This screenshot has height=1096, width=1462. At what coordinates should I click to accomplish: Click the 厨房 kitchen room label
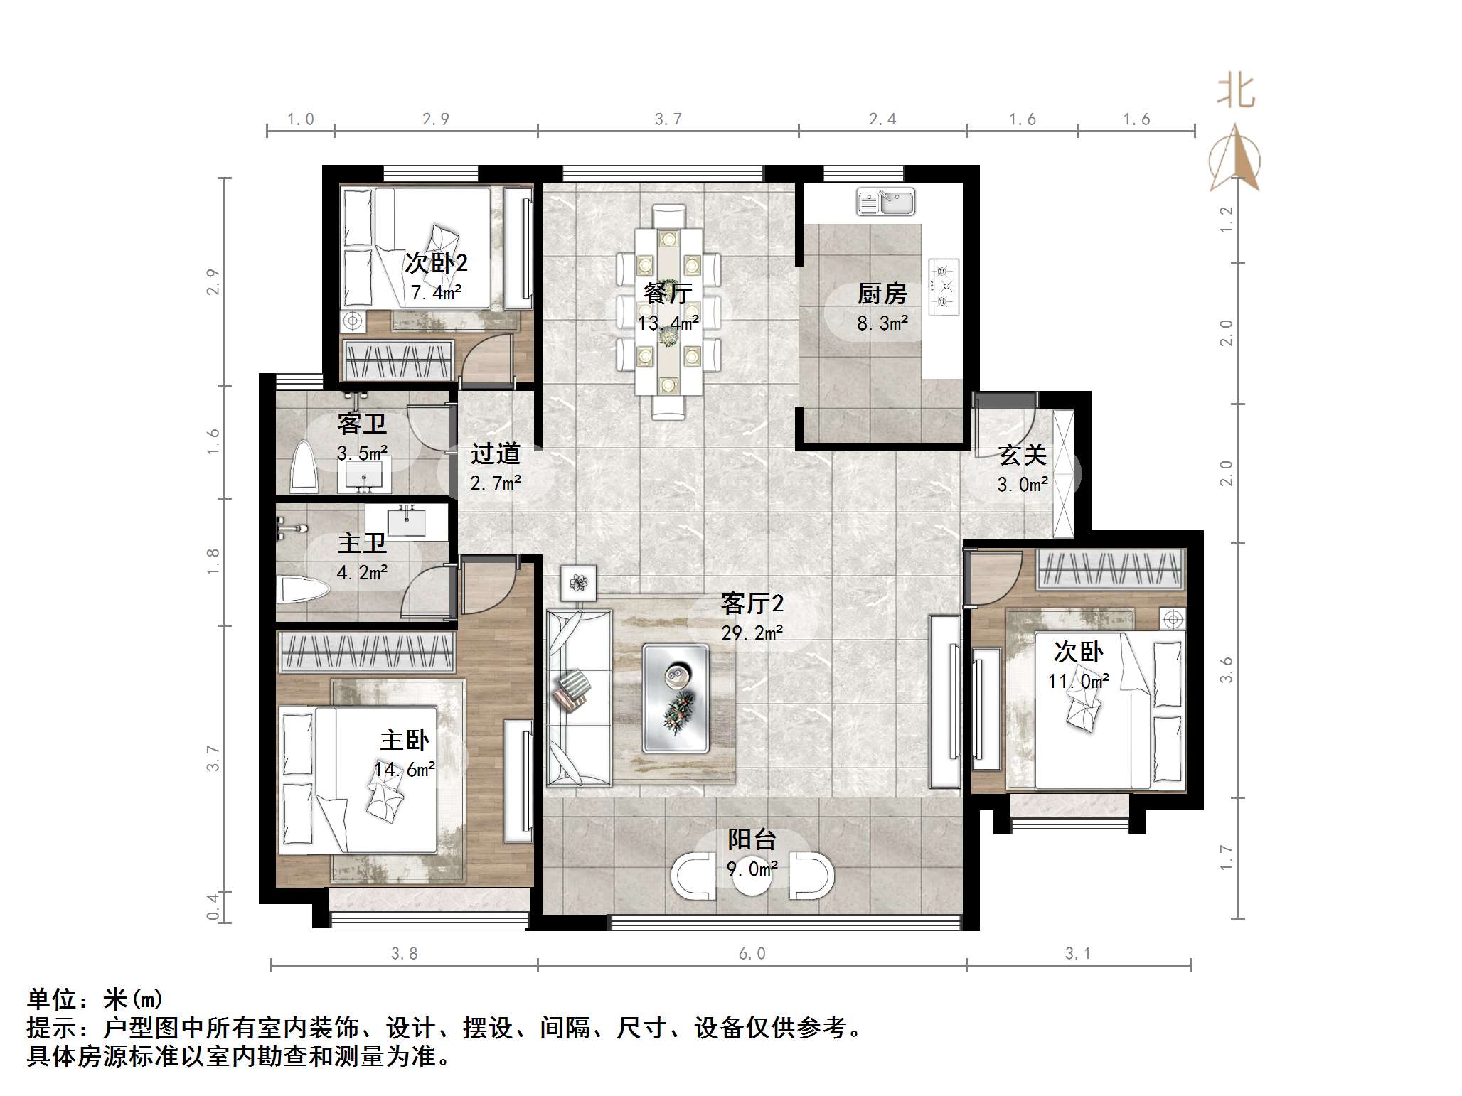click(x=882, y=293)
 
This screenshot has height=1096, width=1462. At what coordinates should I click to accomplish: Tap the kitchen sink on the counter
click(x=885, y=202)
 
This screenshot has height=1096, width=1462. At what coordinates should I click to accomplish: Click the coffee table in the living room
click(x=676, y=698)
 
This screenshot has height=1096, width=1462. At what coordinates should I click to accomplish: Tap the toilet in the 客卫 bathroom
click(x=304, y=466)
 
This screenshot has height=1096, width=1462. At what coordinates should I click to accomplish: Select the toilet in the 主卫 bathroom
click(x=302, y=589)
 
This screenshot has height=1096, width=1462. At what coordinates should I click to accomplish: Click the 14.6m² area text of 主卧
click(x=405, y=770)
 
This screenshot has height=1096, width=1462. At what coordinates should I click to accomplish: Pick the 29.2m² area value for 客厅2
click(x=752, y=633)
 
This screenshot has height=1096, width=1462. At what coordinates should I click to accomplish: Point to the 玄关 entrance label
click(x=1023, y=455)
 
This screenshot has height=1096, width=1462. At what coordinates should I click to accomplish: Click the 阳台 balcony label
click(x=752, y=839)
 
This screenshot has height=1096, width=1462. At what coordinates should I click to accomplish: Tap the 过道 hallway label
click(x=496, y=453)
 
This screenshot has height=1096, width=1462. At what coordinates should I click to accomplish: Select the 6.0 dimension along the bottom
click(x=752, y=954)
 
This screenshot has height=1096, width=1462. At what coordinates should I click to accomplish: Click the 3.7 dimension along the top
click(x=668, y=119)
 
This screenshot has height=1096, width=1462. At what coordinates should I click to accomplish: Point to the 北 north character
click(x=1236, y=92)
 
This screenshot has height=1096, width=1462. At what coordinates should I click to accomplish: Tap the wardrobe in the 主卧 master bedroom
click(x=365, y=652)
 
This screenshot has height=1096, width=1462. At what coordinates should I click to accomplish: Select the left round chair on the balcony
click(x=693, y=876)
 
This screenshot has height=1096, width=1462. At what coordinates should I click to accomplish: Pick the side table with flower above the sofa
click(x=579, y=583)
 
